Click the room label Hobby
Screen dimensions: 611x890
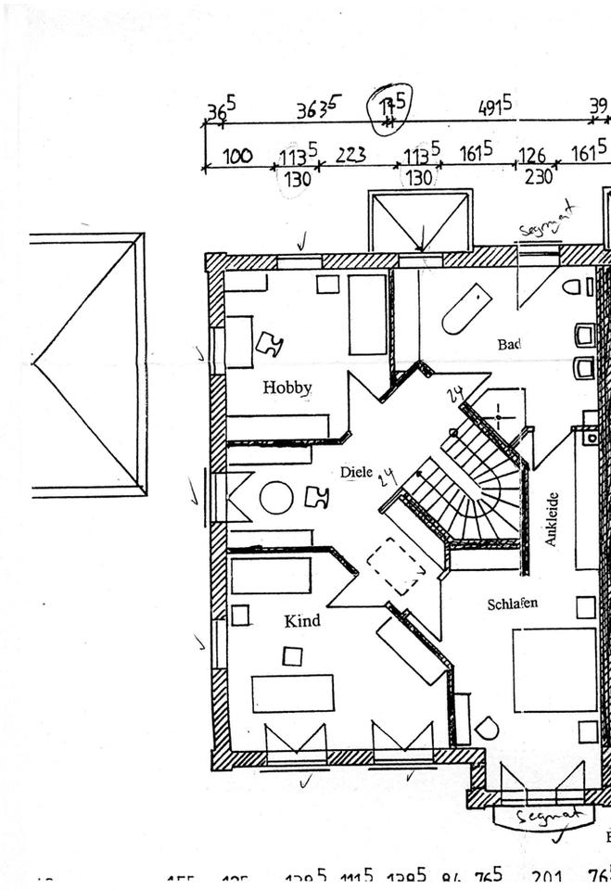(x=286, y=388)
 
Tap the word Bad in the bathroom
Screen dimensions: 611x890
(x=508, y=344)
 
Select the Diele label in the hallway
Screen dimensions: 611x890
(x=356, y=472)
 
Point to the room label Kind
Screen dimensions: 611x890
(x=302, y=620)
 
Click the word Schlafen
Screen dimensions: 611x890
(x=512, y=604)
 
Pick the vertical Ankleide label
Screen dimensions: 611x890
(x=551, y=518)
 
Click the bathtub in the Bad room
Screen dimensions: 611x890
(x=465, y=308)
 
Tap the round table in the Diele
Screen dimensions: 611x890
(x=276, y=498)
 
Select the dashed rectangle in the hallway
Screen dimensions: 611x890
(x=395, y=566)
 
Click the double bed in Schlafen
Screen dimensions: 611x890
(x=554, y=670)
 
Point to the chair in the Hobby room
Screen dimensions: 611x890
(x=270, y=344)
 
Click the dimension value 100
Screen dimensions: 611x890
(x=237, y=156)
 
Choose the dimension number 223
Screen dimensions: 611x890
(x=350, y=155)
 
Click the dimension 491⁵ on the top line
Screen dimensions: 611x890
(x=494, y=108)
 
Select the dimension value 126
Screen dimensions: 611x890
(x=531, y=155)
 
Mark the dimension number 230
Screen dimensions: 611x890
(x=538, y=175)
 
